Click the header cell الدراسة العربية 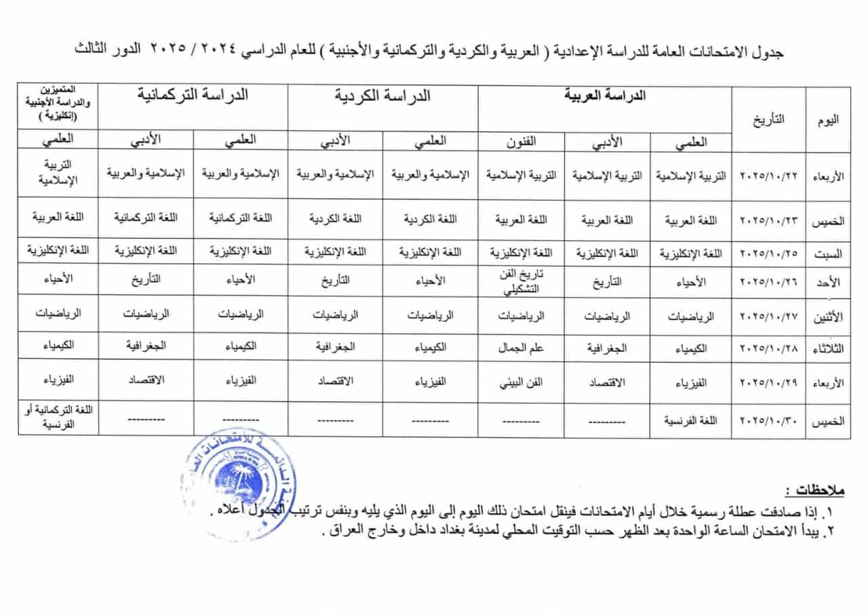coord(605,96)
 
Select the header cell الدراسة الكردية coord(382,96)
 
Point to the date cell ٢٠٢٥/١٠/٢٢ coord(769,175)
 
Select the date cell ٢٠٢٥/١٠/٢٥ coord(769,253)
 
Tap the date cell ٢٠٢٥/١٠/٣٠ coord(769,420)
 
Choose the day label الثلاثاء coord(830,348)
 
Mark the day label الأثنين coord(830,315)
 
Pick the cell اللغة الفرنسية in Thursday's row coord(692,420)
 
